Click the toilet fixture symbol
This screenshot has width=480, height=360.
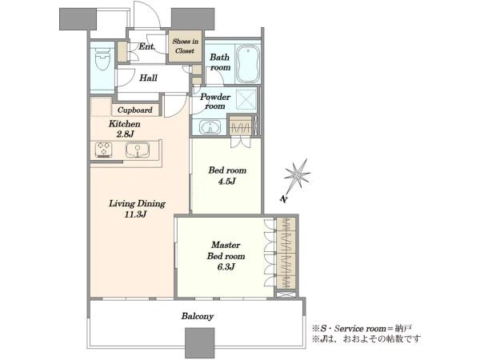pyautogui.click(x=102, y=60)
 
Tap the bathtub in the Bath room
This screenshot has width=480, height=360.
pyautogui.click(x=248, y=64)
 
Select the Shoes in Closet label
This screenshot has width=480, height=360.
pyautogui.click(x=186, y=46)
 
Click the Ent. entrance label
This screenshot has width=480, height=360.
pyautogui.click(x=147, y=46)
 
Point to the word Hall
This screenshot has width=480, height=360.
pyautogui.click(x=149, y=78)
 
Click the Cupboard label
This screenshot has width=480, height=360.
pyautogui.click(x=134, y=110)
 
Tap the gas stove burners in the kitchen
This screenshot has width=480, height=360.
pyautogui.click(x=103, y=150)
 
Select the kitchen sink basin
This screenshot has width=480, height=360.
pyautogui.click(x=138, y=150)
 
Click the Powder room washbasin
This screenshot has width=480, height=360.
pyautogui.click(x=210, y=127)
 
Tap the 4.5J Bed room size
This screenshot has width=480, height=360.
pyautogui.click(x=227, y=182)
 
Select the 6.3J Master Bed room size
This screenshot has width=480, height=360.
pyautogui.click(x=226, y=267)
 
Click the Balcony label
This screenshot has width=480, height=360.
pyautogui.click(x=198, y=316)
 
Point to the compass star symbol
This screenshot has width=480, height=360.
pyautogui.click(x=298, y=174)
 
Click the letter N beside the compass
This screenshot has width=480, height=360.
pyautogui.click(x=284, y=199)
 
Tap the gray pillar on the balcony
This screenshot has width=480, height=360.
pyautogui.click(x=200, y=343)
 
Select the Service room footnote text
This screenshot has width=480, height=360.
pyautogui.click(x=362, y=329)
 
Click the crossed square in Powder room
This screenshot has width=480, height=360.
pyautogui.click(x=246, y=99)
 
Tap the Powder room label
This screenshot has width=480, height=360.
pyautogui.click(x=215, y=102)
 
